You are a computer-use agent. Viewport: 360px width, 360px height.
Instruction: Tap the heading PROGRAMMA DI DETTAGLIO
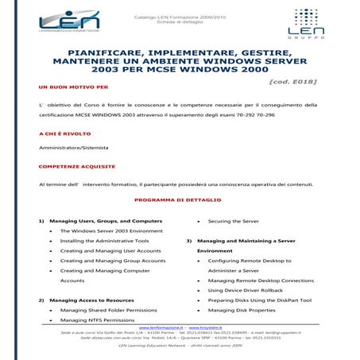pyautogui.click(x=178, y=199)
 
